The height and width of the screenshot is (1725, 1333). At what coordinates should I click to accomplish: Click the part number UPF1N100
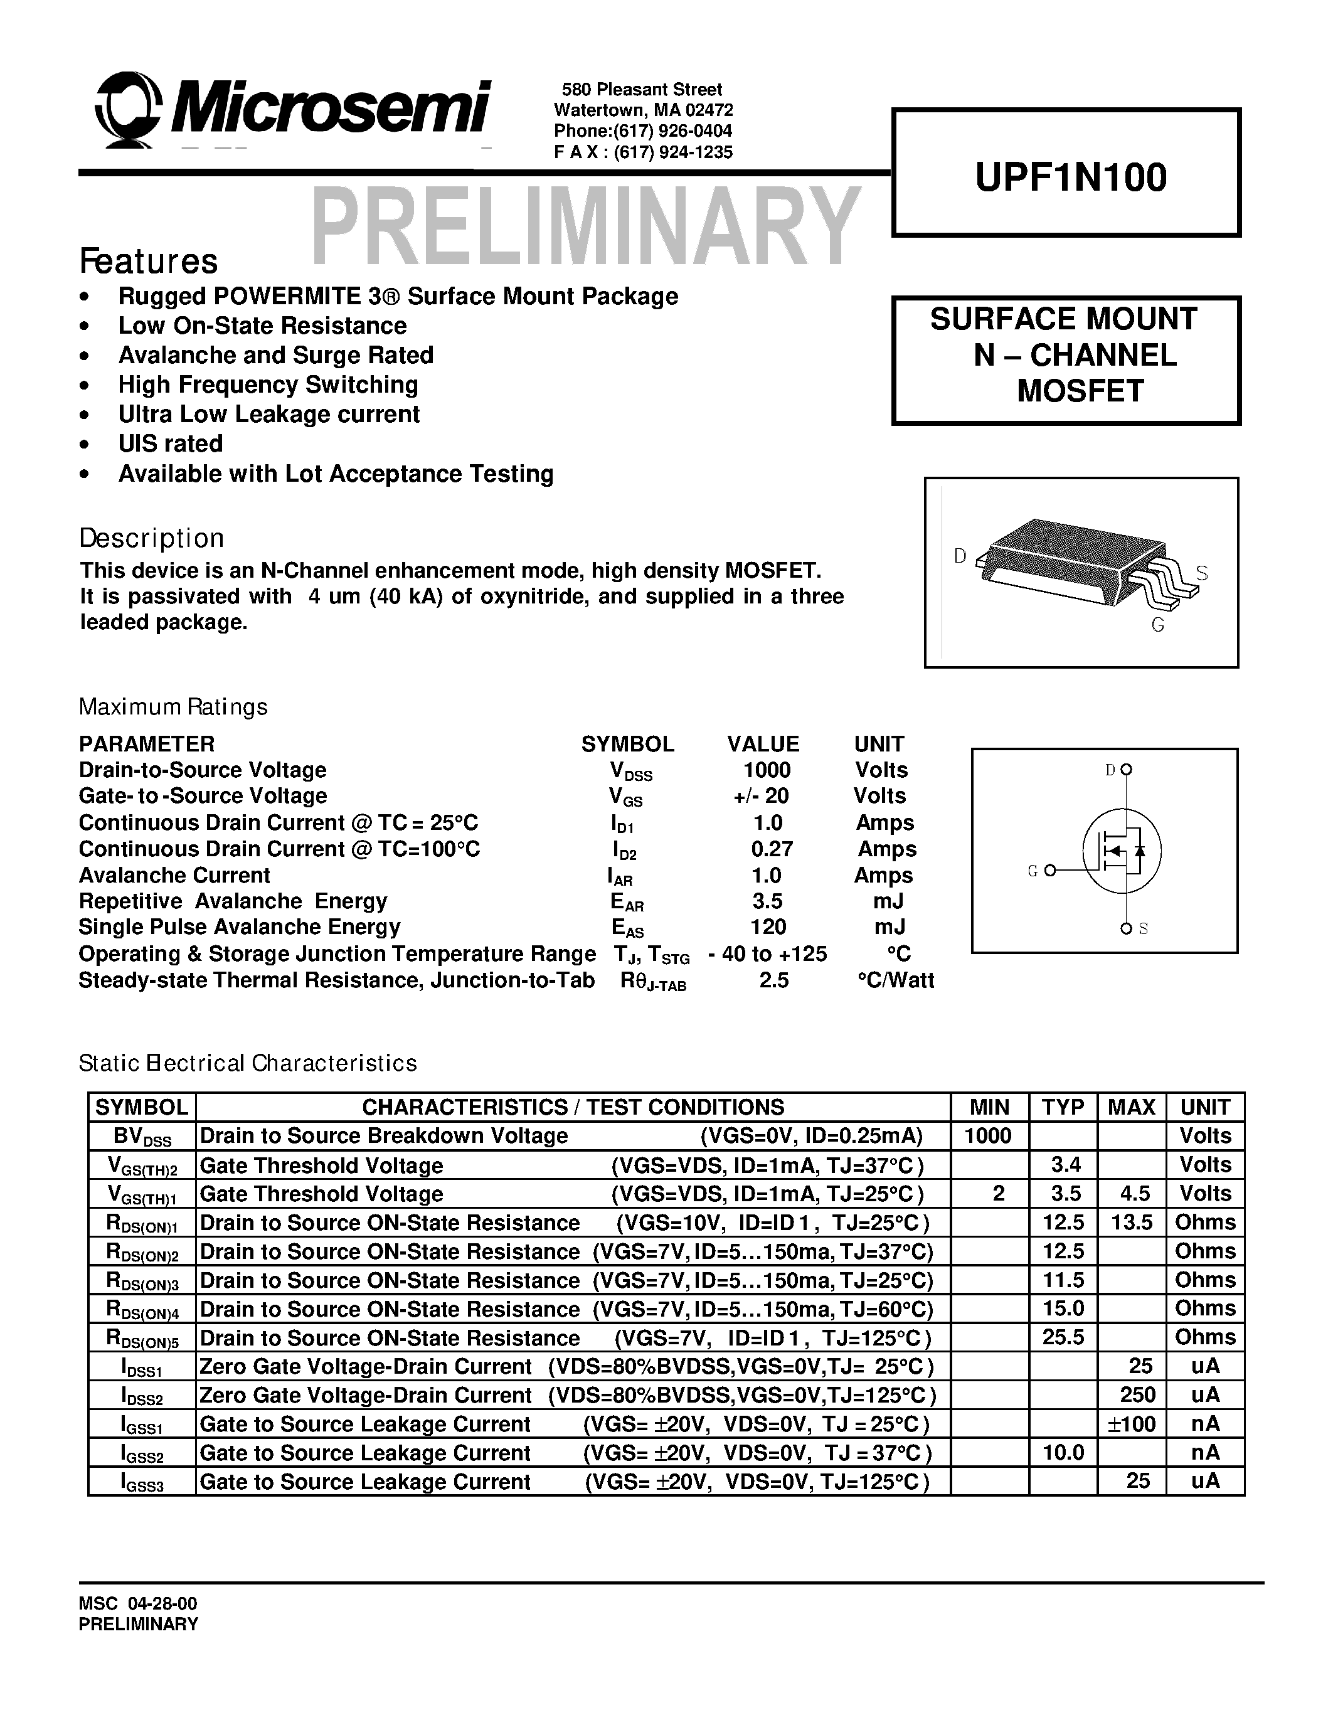1070,177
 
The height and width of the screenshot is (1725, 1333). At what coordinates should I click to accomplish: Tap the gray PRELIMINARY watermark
585,226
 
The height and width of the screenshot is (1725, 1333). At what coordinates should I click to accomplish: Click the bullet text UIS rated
170,444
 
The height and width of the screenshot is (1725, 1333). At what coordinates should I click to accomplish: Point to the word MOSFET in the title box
1080,391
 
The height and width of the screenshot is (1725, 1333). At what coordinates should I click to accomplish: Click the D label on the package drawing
960,556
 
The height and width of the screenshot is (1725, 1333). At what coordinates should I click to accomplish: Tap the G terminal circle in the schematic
1049,871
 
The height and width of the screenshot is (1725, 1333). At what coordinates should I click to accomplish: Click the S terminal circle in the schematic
1126,929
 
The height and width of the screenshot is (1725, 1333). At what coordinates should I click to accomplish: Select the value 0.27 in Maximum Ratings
772,849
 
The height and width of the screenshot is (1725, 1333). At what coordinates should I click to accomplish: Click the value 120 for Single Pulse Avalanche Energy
768,926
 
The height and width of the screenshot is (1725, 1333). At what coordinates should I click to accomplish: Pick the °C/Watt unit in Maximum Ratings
896,980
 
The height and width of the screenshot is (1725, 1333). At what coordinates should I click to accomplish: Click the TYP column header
1062,1107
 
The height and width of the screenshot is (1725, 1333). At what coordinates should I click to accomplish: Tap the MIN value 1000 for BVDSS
988,1136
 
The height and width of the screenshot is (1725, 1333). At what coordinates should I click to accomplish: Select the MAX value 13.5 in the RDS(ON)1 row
1131,1223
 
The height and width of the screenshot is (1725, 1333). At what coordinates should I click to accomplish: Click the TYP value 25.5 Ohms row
1063,1337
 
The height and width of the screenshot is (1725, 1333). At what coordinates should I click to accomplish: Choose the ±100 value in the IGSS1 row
1131,1424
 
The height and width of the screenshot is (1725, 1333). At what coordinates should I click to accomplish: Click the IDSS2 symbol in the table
142,1396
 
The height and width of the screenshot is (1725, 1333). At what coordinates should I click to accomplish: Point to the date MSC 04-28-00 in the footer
138,1603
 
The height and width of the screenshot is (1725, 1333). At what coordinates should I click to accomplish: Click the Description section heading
152,538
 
